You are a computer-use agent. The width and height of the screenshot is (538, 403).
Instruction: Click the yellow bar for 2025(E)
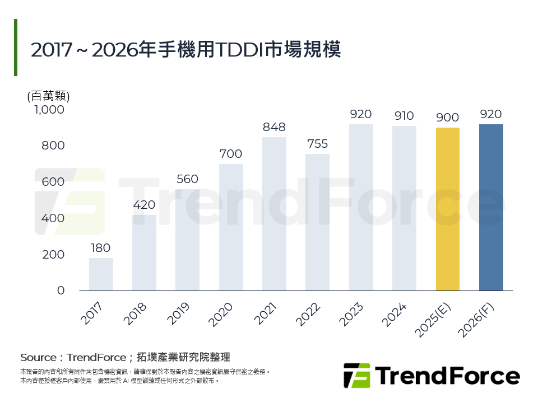(x=447, y=209)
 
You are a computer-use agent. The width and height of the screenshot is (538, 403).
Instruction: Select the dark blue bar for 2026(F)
(x=491, y=207)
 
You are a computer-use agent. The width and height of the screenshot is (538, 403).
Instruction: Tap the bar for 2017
(x=101, y=274)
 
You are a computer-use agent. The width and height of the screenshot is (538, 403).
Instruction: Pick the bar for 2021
(x=274, y=214)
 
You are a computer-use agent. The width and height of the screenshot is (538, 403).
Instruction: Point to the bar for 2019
(x=187, y=240)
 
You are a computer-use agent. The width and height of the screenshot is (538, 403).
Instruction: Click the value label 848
(x=274, y=127)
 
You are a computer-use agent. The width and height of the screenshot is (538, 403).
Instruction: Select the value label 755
(x=317, y=144)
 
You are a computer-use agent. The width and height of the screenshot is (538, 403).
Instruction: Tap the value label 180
(x=101, y=248)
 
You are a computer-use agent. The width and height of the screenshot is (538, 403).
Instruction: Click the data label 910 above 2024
(x=404, y=116)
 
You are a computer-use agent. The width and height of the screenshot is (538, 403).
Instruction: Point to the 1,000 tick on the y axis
(x=50, y=110)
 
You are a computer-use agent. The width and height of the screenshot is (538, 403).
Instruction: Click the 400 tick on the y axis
(x=54, y=218)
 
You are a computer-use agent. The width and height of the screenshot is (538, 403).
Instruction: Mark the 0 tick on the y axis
(x=61, y=290)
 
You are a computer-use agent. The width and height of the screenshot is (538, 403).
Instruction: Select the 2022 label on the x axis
(x=308, y=315)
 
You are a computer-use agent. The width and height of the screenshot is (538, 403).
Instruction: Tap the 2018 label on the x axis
(x=135, y=315)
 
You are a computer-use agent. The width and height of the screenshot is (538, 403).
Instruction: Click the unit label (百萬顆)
(x=48, y=96)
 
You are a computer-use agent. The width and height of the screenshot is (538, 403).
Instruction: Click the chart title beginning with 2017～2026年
(x=185, y=49)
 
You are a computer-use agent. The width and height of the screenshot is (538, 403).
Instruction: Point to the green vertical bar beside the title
(x=16, y=48)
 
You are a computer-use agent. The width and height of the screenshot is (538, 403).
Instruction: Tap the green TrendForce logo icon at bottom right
(x=356, y=375)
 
